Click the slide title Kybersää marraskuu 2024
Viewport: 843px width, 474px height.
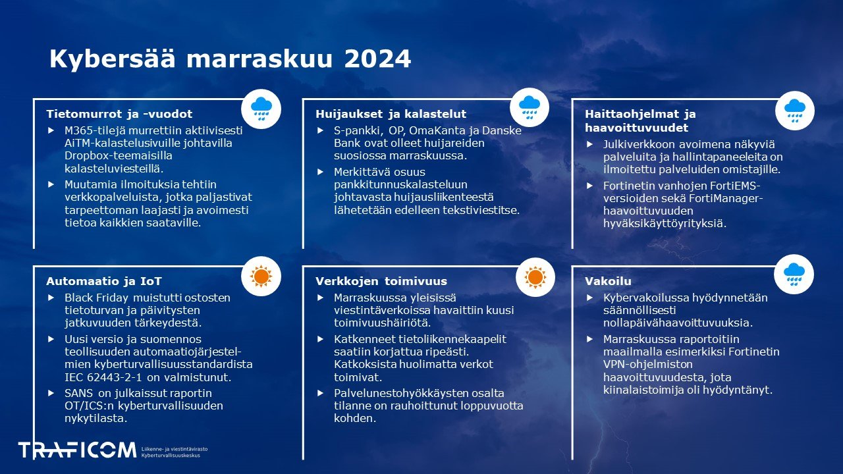[230, 59]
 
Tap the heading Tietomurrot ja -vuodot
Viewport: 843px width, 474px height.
[119, 114]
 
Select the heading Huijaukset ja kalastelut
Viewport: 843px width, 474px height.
[391, 114]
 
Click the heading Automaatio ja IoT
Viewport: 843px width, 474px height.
[103, 281]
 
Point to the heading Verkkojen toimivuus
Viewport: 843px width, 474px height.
[381, 281]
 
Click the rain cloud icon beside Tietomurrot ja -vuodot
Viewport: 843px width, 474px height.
[261, 108]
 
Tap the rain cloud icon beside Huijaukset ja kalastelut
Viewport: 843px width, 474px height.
[530, 108]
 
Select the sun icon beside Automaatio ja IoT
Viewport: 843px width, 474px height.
[261, 276]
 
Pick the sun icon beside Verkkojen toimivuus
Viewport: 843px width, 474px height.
[535, 276]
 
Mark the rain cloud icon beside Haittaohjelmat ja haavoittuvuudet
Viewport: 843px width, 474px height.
[795, 111]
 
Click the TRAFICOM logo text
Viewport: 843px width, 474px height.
[77, 450]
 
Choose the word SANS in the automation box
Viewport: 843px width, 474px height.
[80, 393]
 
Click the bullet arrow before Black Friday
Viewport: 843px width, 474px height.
[51, 298]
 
